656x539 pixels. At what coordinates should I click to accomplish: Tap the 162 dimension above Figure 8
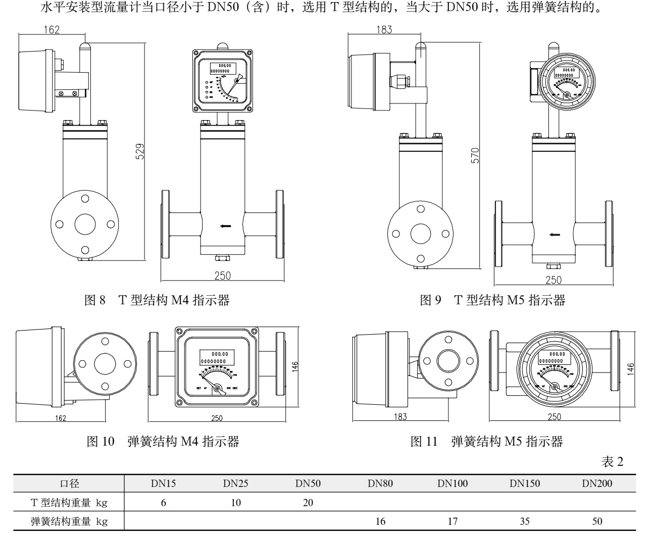[51, 30]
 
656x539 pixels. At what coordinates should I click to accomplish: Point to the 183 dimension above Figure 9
[384, 30]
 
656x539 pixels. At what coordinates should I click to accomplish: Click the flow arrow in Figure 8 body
[225, 226]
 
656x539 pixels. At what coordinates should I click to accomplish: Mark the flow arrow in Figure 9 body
[555, 234]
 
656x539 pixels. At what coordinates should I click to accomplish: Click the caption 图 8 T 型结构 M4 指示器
[156, 301]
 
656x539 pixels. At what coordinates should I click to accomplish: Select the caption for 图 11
[486, 442]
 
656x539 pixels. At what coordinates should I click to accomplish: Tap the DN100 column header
[452, 483]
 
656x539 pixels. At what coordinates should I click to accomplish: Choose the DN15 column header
[164, 483]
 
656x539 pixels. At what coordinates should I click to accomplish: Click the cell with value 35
[525, 521]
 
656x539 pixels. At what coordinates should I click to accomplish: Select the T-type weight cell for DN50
[308, 502]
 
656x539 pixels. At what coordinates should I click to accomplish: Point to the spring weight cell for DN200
[597, 521]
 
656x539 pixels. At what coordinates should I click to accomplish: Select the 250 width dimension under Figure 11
[554, 417]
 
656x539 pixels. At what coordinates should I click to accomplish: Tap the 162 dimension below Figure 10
[60, 418]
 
